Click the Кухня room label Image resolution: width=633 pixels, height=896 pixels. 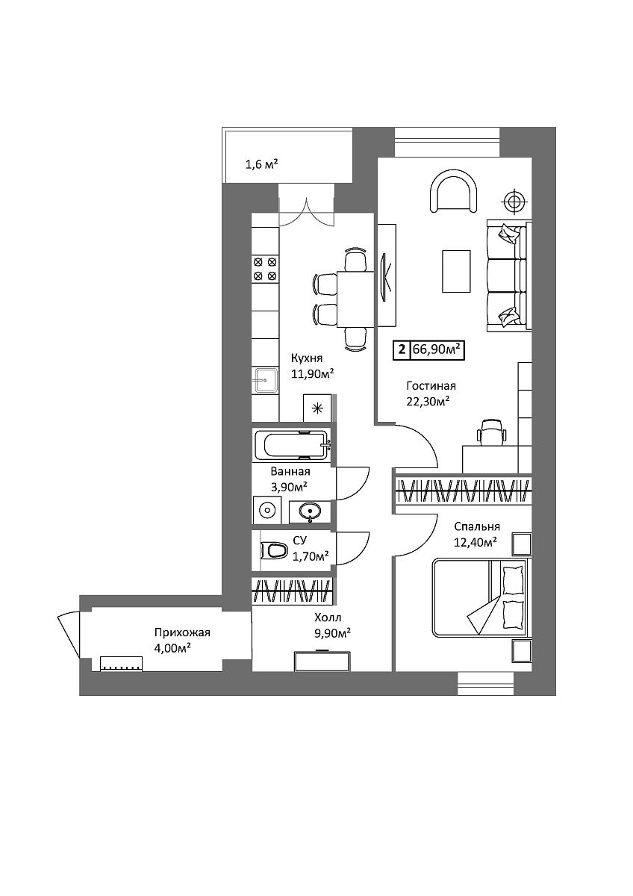(307, 358)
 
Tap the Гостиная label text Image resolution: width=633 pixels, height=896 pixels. (431, 386)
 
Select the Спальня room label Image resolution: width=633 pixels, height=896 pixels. (477, 527)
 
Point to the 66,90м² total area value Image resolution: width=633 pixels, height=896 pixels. (437, 349)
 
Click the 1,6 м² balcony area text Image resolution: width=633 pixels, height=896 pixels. (261, 164)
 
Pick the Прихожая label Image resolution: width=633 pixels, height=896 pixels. (182, 632)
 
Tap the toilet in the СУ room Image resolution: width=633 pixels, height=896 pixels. (274, 551)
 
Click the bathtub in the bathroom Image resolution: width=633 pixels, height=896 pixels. (292, 446)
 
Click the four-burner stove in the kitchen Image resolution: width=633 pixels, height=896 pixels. (265, 269)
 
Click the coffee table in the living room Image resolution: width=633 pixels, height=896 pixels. (456, 271)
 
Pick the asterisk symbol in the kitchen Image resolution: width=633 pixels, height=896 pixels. (317, 408)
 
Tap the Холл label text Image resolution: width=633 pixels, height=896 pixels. (328, 617)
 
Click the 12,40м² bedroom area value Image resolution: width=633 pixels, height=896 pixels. (475, 542)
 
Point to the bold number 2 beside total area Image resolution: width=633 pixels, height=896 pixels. (402, 349)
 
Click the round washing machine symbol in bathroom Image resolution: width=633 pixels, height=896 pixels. (266, 511)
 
